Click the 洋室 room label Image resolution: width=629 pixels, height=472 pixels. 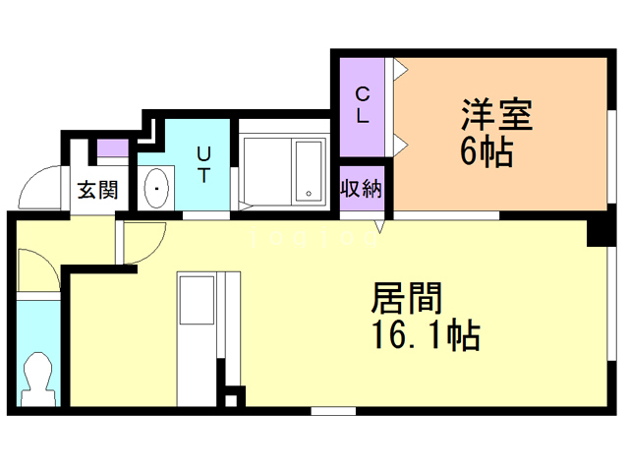(496, 116)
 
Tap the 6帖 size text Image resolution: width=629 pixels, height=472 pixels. (486, 153)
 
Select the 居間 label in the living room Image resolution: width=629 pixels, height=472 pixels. (404, 299)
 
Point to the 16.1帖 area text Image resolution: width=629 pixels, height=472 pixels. (425, 336)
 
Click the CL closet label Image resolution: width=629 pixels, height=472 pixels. (362, 105)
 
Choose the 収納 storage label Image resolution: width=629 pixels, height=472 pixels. (361, 188)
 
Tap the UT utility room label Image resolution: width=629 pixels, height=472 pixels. (203, 164)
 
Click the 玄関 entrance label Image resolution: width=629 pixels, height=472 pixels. (97, 189)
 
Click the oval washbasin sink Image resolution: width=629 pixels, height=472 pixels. (156, 187)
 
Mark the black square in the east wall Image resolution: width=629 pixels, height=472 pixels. (599, 232)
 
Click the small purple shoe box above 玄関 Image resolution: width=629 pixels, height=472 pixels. (112, 150)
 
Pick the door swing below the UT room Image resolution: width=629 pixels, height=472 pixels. (143, 241)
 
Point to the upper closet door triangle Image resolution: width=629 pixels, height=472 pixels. (400, 70)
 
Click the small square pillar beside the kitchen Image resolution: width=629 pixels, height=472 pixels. (232, 398)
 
